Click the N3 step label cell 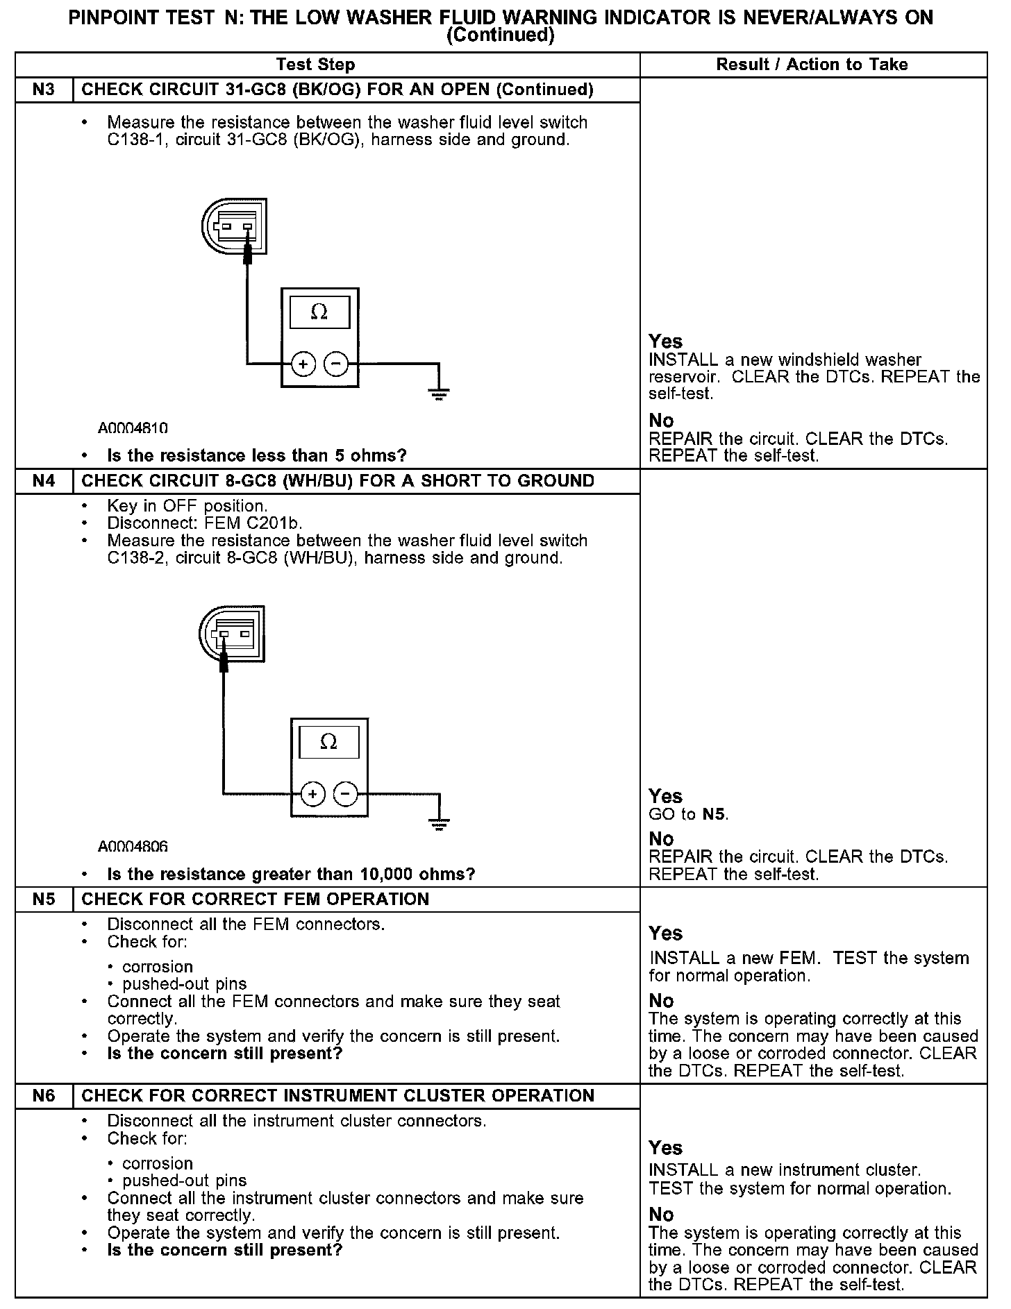tap(44, 90)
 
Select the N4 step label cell tap(44, 481)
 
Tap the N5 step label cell tap(44, 900)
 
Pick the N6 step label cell tap(44, 1096)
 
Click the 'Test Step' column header tap(315, 65)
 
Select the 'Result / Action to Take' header tap(812, 65)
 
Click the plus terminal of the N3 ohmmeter tap(303, 364)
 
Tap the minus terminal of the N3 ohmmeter tap(336, 364)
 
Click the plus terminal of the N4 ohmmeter tap(313, 794)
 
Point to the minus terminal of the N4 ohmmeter tap(346, 794)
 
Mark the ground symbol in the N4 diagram tap(439, 825)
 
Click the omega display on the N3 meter tap(319, 312)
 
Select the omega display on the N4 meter tap(328, 743)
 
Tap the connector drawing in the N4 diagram tap(232, 634)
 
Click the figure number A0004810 tap(133, 428)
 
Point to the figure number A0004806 tap(133, 847)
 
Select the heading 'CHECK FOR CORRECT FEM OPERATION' tap(256, 900)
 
